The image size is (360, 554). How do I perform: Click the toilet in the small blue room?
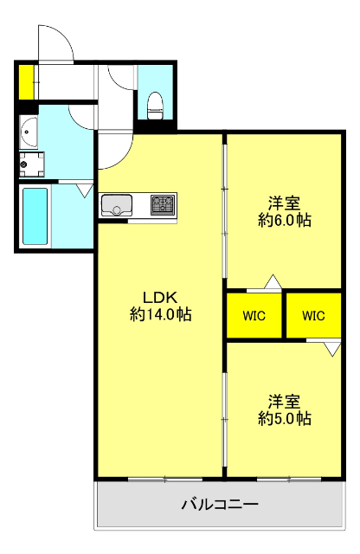pos(154,106)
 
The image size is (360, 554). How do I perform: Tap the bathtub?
pos(35,216)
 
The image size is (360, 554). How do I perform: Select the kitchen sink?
pos(117,204)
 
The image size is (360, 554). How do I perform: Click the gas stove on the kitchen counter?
pos(163,204)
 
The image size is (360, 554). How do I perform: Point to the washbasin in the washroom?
pos(29,132)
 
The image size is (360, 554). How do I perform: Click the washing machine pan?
pos(32,164)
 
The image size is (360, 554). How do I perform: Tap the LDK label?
pos(159,298)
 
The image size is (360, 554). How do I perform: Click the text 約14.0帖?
pos(161,313)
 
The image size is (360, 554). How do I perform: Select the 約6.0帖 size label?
pos(285,220)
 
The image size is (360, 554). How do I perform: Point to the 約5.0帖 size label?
pos(285,418)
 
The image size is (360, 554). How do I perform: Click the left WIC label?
pos(254,315)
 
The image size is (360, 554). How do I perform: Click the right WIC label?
pos(313,315)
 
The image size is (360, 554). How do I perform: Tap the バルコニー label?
pos(220,504)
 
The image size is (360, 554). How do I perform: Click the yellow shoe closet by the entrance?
pos(26,82)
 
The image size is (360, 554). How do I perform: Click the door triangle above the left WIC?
pos(273,281)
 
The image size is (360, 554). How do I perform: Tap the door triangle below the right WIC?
pos(332,349)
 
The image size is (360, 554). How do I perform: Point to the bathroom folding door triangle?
pos(85,190)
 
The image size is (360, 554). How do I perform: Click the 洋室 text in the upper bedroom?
pos(285,203)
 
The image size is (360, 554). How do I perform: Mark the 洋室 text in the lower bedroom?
pos(285,402)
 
